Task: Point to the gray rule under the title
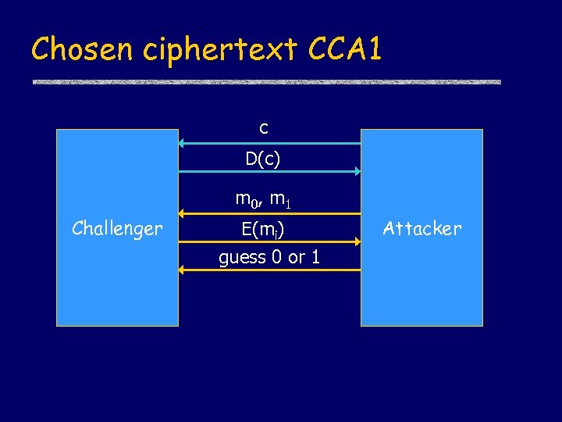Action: tap(266, 82)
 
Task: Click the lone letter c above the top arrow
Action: tap(264, 127)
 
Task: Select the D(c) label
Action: tap(263, 159)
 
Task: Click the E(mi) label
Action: tap(263, 229)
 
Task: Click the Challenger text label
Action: tap(117, 228)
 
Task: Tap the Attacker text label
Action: tap(422, 228)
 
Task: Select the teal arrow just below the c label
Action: tap(269, 143)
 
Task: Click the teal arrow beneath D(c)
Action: tap(269, 170)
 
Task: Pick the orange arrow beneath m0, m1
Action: tap(269, 212)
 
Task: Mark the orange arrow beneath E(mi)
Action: tap(269, 241)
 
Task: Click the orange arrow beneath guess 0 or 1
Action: tap(269, 270)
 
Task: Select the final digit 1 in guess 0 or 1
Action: tap(315, 258)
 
